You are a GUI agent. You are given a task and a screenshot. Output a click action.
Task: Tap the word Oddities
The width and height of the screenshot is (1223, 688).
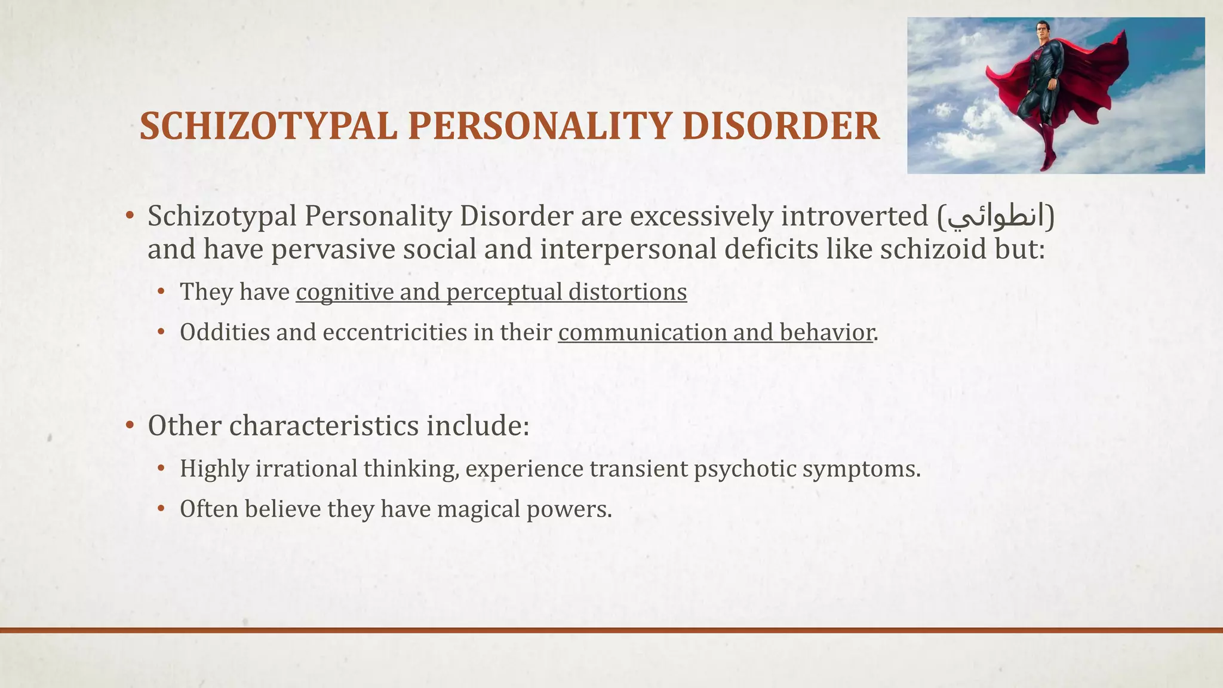pos(225,332)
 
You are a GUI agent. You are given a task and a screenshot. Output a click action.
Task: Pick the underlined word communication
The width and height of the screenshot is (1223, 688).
pos(642,332)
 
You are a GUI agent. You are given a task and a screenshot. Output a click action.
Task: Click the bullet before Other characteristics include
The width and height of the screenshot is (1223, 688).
pos(130,426)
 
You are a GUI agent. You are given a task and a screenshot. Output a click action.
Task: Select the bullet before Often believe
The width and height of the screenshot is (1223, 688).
pos(161,509)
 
